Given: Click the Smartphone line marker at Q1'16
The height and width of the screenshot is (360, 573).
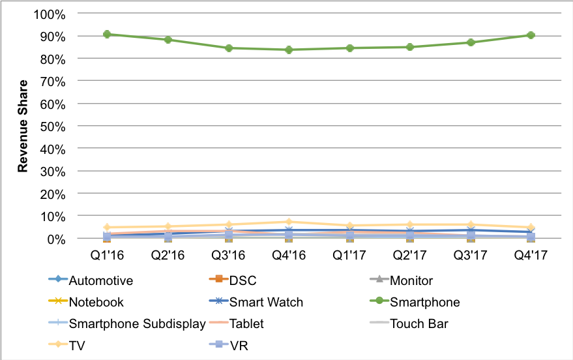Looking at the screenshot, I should tap(107, 35).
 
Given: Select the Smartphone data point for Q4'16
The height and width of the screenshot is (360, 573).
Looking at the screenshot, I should tap(289, 50).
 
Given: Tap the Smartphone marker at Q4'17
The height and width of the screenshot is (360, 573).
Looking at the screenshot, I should tap(531, 35).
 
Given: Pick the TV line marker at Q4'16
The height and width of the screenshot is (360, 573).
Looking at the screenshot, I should tap(289, 222).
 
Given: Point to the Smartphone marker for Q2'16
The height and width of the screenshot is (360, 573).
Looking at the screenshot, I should tap(168, 40).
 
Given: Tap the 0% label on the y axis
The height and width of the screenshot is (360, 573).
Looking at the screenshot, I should tap(55, 239).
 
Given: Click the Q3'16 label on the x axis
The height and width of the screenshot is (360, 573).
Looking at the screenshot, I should tap(228, 253).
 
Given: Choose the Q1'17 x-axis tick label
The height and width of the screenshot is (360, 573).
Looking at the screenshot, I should tap(349, 253).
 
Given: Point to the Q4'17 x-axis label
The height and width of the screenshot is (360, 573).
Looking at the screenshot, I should tap(531, 253).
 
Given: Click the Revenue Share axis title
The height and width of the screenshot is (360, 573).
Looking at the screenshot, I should tap(23, 126).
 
